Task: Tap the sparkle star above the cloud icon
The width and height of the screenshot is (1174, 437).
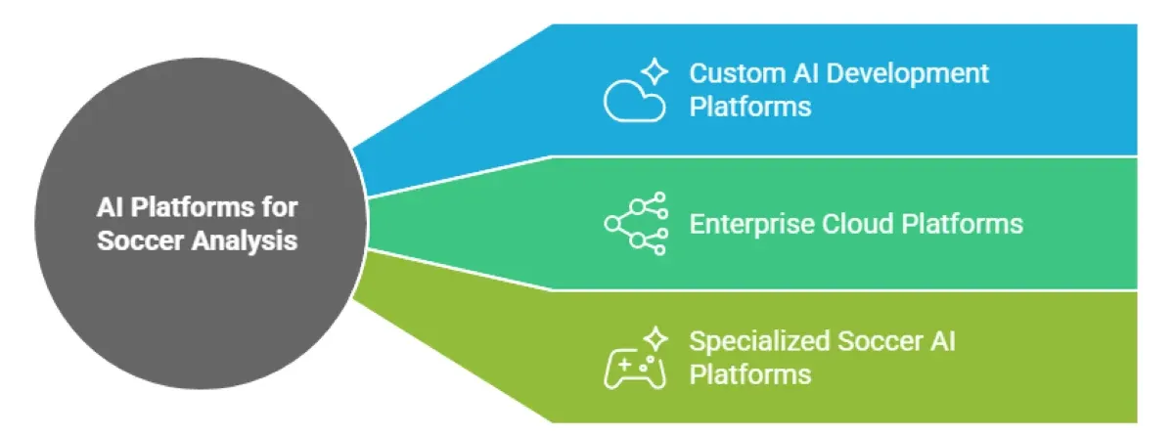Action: pos(655,70)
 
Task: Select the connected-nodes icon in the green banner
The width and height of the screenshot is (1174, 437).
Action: pos(636,224)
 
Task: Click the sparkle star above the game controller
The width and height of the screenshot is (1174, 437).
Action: pos(655,339)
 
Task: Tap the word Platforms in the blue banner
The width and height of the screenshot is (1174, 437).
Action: pos(750,106)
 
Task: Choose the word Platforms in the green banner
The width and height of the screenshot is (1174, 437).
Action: pos(964,224)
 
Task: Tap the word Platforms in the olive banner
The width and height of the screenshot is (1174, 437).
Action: pos(750,373)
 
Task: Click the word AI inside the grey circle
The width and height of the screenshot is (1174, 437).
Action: pos(111,207)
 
